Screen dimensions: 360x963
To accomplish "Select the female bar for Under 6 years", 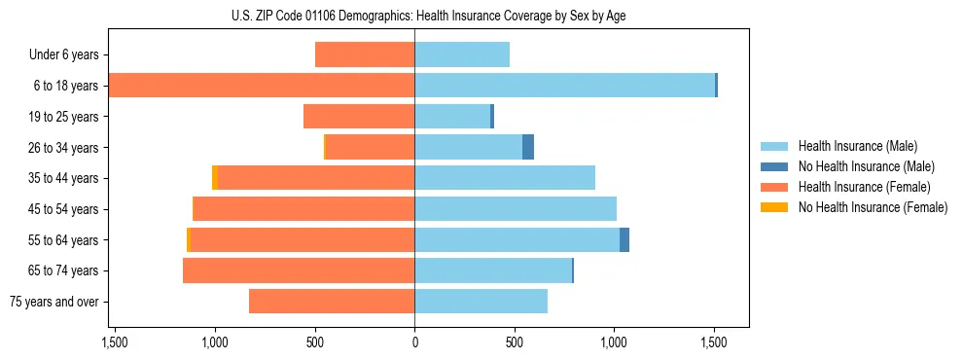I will pyautogui.click(x=365, y=54).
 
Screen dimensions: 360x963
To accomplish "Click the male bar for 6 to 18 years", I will pyautogui.click(x=564, y=86).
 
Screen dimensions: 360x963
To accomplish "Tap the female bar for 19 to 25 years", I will pyautogui.click(x=359, y=117).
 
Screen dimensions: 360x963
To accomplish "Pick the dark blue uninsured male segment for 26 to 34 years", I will pyautogui.click(x=528, y=147).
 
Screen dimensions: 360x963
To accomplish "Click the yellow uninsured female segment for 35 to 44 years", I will pyautogui.click(x=215, y=178).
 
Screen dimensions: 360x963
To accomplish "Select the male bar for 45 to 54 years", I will pyautogui.click(x=516, y=209).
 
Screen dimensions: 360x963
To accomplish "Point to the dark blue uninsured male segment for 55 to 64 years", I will pyautogui.click(x=624, y=240).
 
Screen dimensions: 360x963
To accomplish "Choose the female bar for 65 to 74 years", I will pyautogui.click(x=299, y=270).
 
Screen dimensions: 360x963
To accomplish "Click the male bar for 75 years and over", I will pyautogui.click(x=481, y=302).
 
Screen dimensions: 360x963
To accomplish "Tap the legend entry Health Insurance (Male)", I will pyautogui.click(x=857, y=146).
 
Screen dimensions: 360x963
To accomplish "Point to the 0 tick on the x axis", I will pyautogui.click(x=414, y=342).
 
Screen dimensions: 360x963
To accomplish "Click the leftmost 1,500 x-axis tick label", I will pyautogui.click(x=115, y=342).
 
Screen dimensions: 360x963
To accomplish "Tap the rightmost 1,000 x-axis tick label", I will pyautogui.click(x=615, y=342).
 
